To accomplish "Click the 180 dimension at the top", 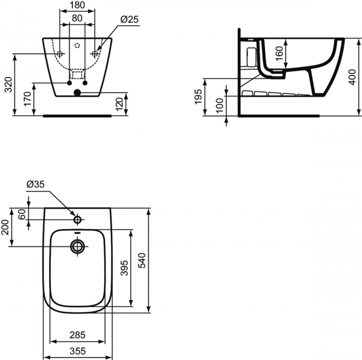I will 77,5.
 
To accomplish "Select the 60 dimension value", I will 22,213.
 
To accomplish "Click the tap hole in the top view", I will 78,219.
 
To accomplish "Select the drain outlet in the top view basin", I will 78,246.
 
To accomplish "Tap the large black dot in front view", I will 78,93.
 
